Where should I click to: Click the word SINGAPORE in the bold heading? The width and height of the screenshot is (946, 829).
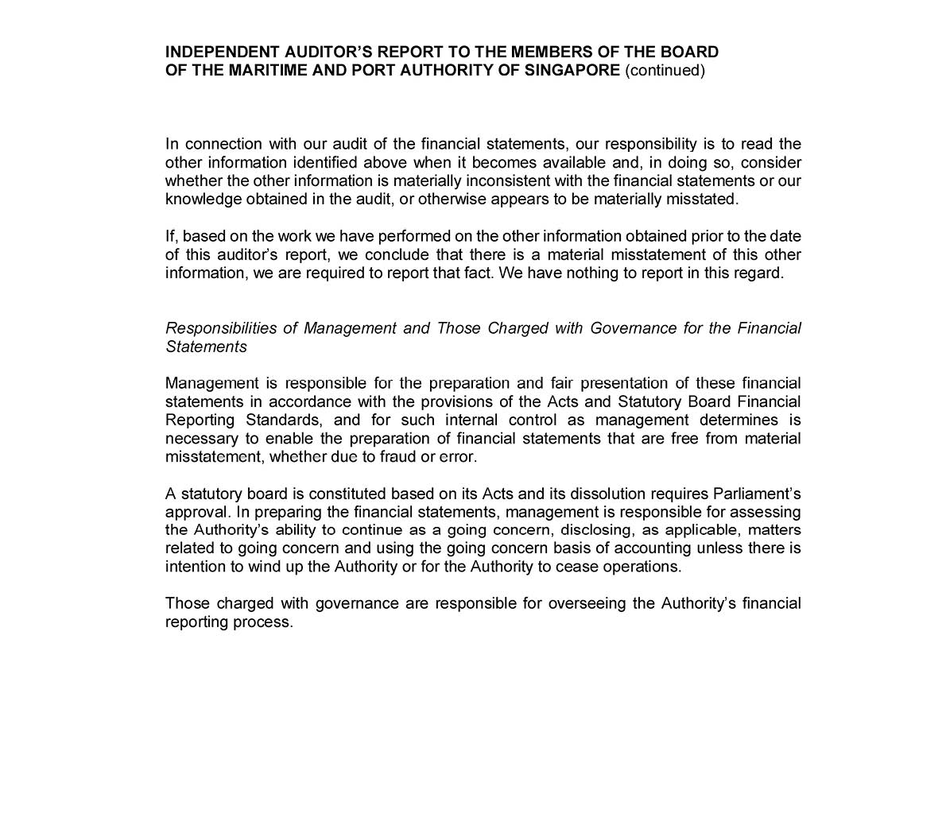pos(572,71)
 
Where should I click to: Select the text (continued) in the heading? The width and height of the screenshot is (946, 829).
pos(665,71)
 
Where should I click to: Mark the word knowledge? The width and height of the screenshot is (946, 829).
pos(204,200)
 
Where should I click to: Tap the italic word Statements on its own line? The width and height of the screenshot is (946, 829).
pos(206,347)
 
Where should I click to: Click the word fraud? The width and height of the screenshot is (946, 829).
pos(398,457)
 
